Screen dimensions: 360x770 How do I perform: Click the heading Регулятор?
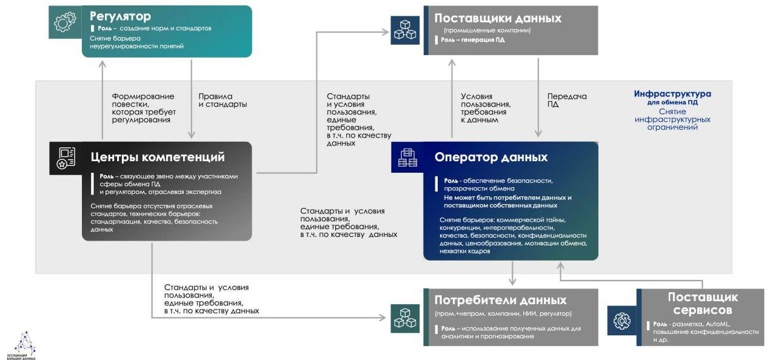click(x=120, y=16)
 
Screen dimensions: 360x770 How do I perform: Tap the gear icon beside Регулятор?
click(x=65, y=22)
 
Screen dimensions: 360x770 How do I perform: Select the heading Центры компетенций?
click(x=157, y=157)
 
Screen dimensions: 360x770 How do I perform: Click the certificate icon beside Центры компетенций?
click(x=65, y=158)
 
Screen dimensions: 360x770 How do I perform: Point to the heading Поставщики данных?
click(x=498, y=18)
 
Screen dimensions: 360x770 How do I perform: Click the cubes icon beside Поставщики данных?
click(x=405, y=29)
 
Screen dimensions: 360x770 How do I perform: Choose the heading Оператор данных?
click(x=490, y=157)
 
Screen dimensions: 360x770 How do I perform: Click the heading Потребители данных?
click(x=500, y=300)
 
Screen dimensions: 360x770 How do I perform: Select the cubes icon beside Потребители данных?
click(x=405, y=317)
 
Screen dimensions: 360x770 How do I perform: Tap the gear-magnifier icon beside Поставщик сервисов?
click(x=621, y=321)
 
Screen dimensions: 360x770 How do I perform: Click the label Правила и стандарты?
click(x=223, y=100)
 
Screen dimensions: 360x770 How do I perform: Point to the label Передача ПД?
click(x=567, y=100)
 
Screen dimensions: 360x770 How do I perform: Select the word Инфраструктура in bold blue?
click(x=672, y=94)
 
